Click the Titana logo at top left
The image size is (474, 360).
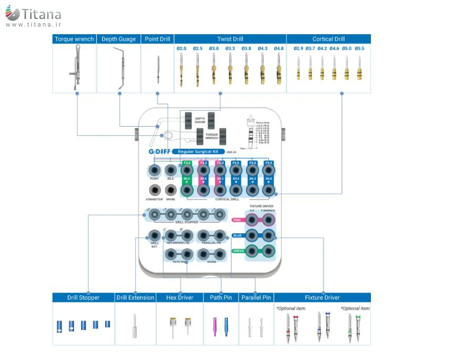[33, 16]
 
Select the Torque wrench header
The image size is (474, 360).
[74, 39]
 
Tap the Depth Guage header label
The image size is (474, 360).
[118, 39]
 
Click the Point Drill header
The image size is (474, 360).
[157, 39]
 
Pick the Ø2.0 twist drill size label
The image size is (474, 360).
[181, 48]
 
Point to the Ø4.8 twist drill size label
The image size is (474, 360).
[278, 48]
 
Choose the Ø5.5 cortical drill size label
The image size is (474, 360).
[359, 48]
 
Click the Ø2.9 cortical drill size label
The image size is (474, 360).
[298, 48]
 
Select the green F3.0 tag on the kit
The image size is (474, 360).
[187, 163]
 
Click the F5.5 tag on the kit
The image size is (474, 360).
[268, 163]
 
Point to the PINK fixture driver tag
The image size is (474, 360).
[237, 220]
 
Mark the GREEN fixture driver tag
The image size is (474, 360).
[238, 251]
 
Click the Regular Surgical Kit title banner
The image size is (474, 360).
[197, 151]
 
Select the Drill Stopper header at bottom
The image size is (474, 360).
[83, 297]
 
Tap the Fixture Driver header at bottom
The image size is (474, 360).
[322, 297]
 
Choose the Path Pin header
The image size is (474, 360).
[221, 297]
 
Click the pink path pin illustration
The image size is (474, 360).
[215, 327]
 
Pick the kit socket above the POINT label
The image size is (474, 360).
[154, 170]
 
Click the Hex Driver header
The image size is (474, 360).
[179, 297]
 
